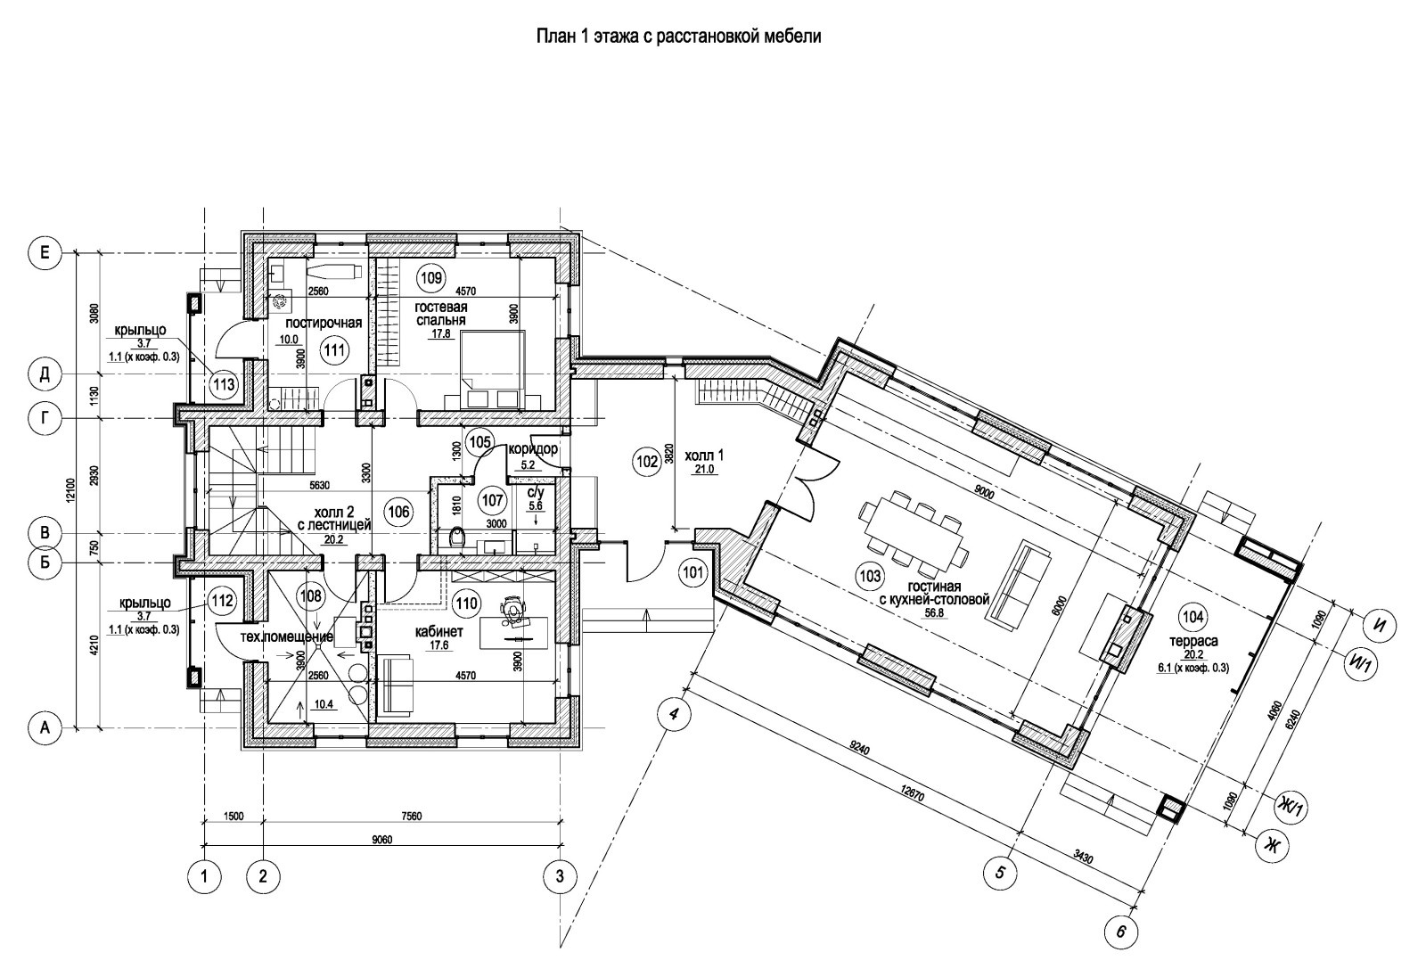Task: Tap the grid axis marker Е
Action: (x=44, y=254)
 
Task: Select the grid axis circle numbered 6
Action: (x=1120, y=933)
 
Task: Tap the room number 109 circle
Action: (x=430, y=277)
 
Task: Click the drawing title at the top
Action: (x=677, y=37)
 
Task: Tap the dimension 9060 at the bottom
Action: (x=382, y=839)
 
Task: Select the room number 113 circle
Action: (x=224, y=385)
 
